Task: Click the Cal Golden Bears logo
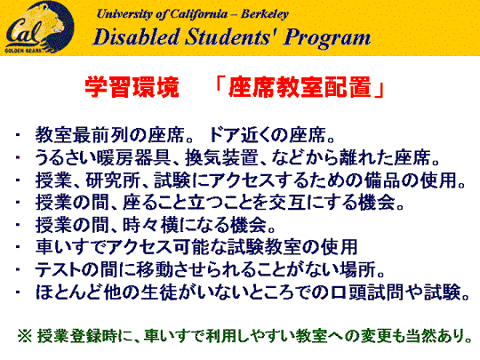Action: [x=39, y=27]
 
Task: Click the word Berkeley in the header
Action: [x=265, y=14]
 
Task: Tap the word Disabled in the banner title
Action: [x=136, y=37]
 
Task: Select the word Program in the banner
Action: [x=327, y=38]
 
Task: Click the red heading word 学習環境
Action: [x=132, y=87]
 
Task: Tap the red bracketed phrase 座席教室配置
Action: [x=300, y=87]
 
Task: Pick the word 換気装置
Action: [x=221, y=157]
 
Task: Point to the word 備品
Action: [x=382, y=180]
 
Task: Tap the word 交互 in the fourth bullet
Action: [x=286, y=203]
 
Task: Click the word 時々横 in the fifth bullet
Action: [x=150, y=225]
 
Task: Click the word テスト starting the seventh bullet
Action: [x=60, y=270]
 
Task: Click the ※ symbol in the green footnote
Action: [x=25, y=336]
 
